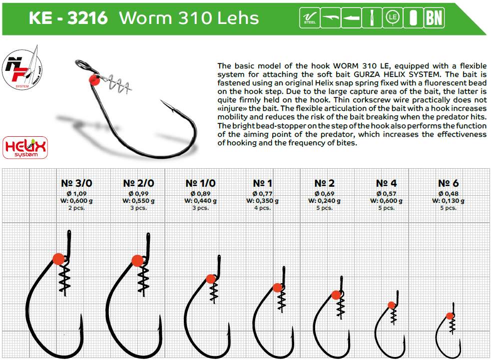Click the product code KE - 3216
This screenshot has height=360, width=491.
tap(68, 18)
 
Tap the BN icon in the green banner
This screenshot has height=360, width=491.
tap(435, 17)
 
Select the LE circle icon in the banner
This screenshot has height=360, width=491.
tap(393, 17)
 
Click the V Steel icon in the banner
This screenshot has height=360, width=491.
tap(310, 17)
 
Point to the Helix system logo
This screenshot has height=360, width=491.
tap(25, 147)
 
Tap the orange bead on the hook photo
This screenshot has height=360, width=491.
tap(94, 80)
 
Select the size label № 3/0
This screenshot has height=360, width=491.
tap(76, 183)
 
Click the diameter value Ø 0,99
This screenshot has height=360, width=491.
tap(138, 194)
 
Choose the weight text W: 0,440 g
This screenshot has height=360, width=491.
tap(200, 201)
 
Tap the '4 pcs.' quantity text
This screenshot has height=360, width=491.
tap(262, 208)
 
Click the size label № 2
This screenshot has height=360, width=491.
tap(324, 183)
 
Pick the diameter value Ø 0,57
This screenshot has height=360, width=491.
tap(387, 194)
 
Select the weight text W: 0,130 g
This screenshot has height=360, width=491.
tap(448, 201)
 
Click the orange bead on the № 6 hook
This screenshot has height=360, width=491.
tap(450, 316)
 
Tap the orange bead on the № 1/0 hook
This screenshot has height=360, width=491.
tap(211, 279)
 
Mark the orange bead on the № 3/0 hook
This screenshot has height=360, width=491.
tap(58, 259)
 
